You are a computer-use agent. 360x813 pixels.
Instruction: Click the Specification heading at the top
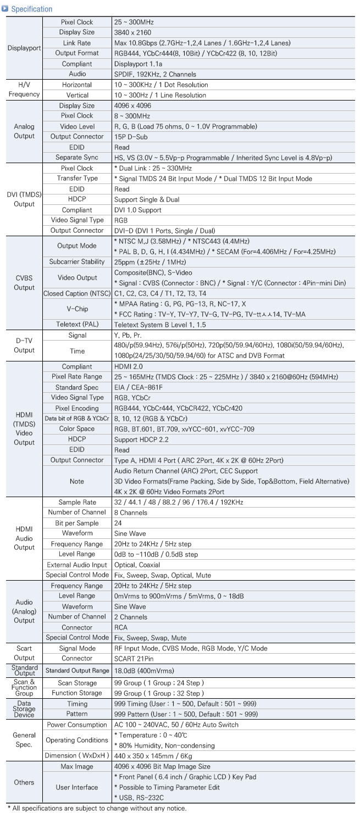pos(31,9)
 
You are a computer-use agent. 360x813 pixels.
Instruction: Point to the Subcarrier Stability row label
pos(77,261)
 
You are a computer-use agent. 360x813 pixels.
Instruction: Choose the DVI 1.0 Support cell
pos(137,210)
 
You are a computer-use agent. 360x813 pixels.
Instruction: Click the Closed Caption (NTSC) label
pos(77,293)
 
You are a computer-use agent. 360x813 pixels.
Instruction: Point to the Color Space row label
pos(77,429)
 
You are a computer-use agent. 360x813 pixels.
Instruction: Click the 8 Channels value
pos(131,513)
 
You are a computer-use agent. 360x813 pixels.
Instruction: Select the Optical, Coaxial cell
pos(137,565)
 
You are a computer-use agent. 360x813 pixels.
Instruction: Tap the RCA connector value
pos(121,627)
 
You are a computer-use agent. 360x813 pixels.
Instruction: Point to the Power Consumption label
pos(77,725)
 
